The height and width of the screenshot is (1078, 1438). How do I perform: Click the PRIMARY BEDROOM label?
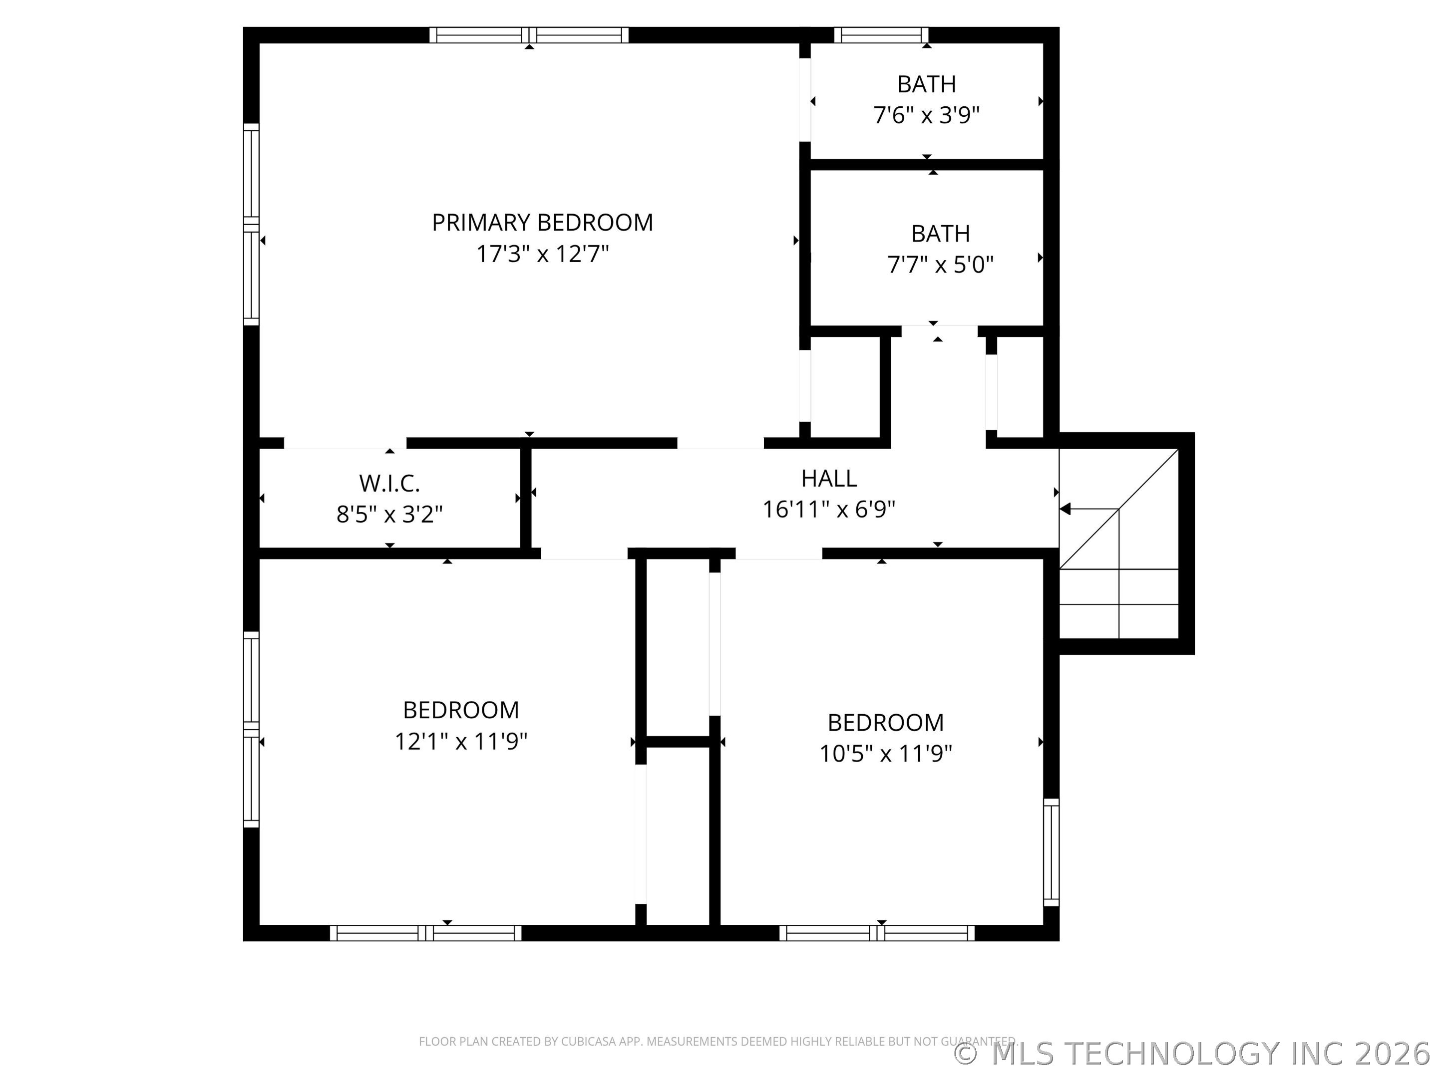[x=542, y=223]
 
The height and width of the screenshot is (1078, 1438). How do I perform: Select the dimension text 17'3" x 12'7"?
[x=542, y=254]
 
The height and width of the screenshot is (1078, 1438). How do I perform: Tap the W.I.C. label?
[x=389, y=484]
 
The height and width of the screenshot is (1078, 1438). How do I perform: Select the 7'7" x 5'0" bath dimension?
[x=940, y=265]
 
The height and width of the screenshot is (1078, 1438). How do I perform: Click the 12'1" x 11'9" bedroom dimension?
[x=460, y=742]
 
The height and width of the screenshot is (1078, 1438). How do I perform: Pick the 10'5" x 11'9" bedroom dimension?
[x=885, y=754]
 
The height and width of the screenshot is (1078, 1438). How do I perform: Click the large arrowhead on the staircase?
[x=1065, y=509]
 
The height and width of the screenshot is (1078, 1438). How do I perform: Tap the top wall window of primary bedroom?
[x=529, y=35]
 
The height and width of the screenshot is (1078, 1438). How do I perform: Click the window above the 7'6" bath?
[x=881, y=35]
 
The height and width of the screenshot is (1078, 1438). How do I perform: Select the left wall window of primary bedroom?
[x=251, y=224]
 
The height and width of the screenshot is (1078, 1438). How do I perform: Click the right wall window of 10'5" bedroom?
[x=1051, y=852]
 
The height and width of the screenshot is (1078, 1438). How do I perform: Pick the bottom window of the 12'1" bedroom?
[x=425, y=933]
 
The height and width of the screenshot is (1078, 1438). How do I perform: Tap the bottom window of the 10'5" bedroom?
[x=876, y=933]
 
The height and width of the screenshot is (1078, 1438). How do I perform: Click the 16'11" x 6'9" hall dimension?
[x=828, y=510]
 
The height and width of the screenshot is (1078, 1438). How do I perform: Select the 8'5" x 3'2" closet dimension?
[x=389, y=515]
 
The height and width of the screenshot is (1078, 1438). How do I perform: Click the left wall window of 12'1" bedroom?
[x=251, y=729]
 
